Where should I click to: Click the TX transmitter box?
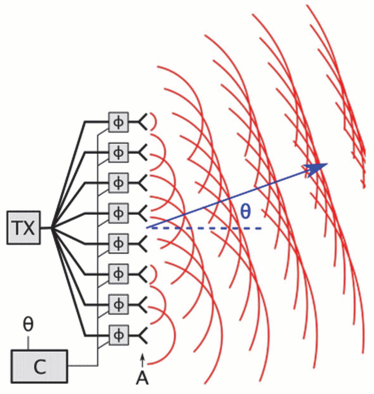pos(23,227)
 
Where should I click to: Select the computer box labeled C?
pos(40,366)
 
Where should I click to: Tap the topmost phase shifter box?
pos(118,122)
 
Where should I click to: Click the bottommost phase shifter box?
pos(118,335)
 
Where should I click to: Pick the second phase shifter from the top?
pos(118,152)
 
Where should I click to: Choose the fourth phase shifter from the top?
pos(118,213)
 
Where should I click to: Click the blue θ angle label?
pos(246,212)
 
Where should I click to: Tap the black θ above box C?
pos(29,325)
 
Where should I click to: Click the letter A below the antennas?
pos(142,378)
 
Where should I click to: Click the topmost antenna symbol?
pos(143,122)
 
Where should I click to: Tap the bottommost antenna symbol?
pos(143,335)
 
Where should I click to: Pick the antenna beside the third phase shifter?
pos(143,183)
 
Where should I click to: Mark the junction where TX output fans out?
pos(53,227)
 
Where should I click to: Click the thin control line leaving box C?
pos(82,366)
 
